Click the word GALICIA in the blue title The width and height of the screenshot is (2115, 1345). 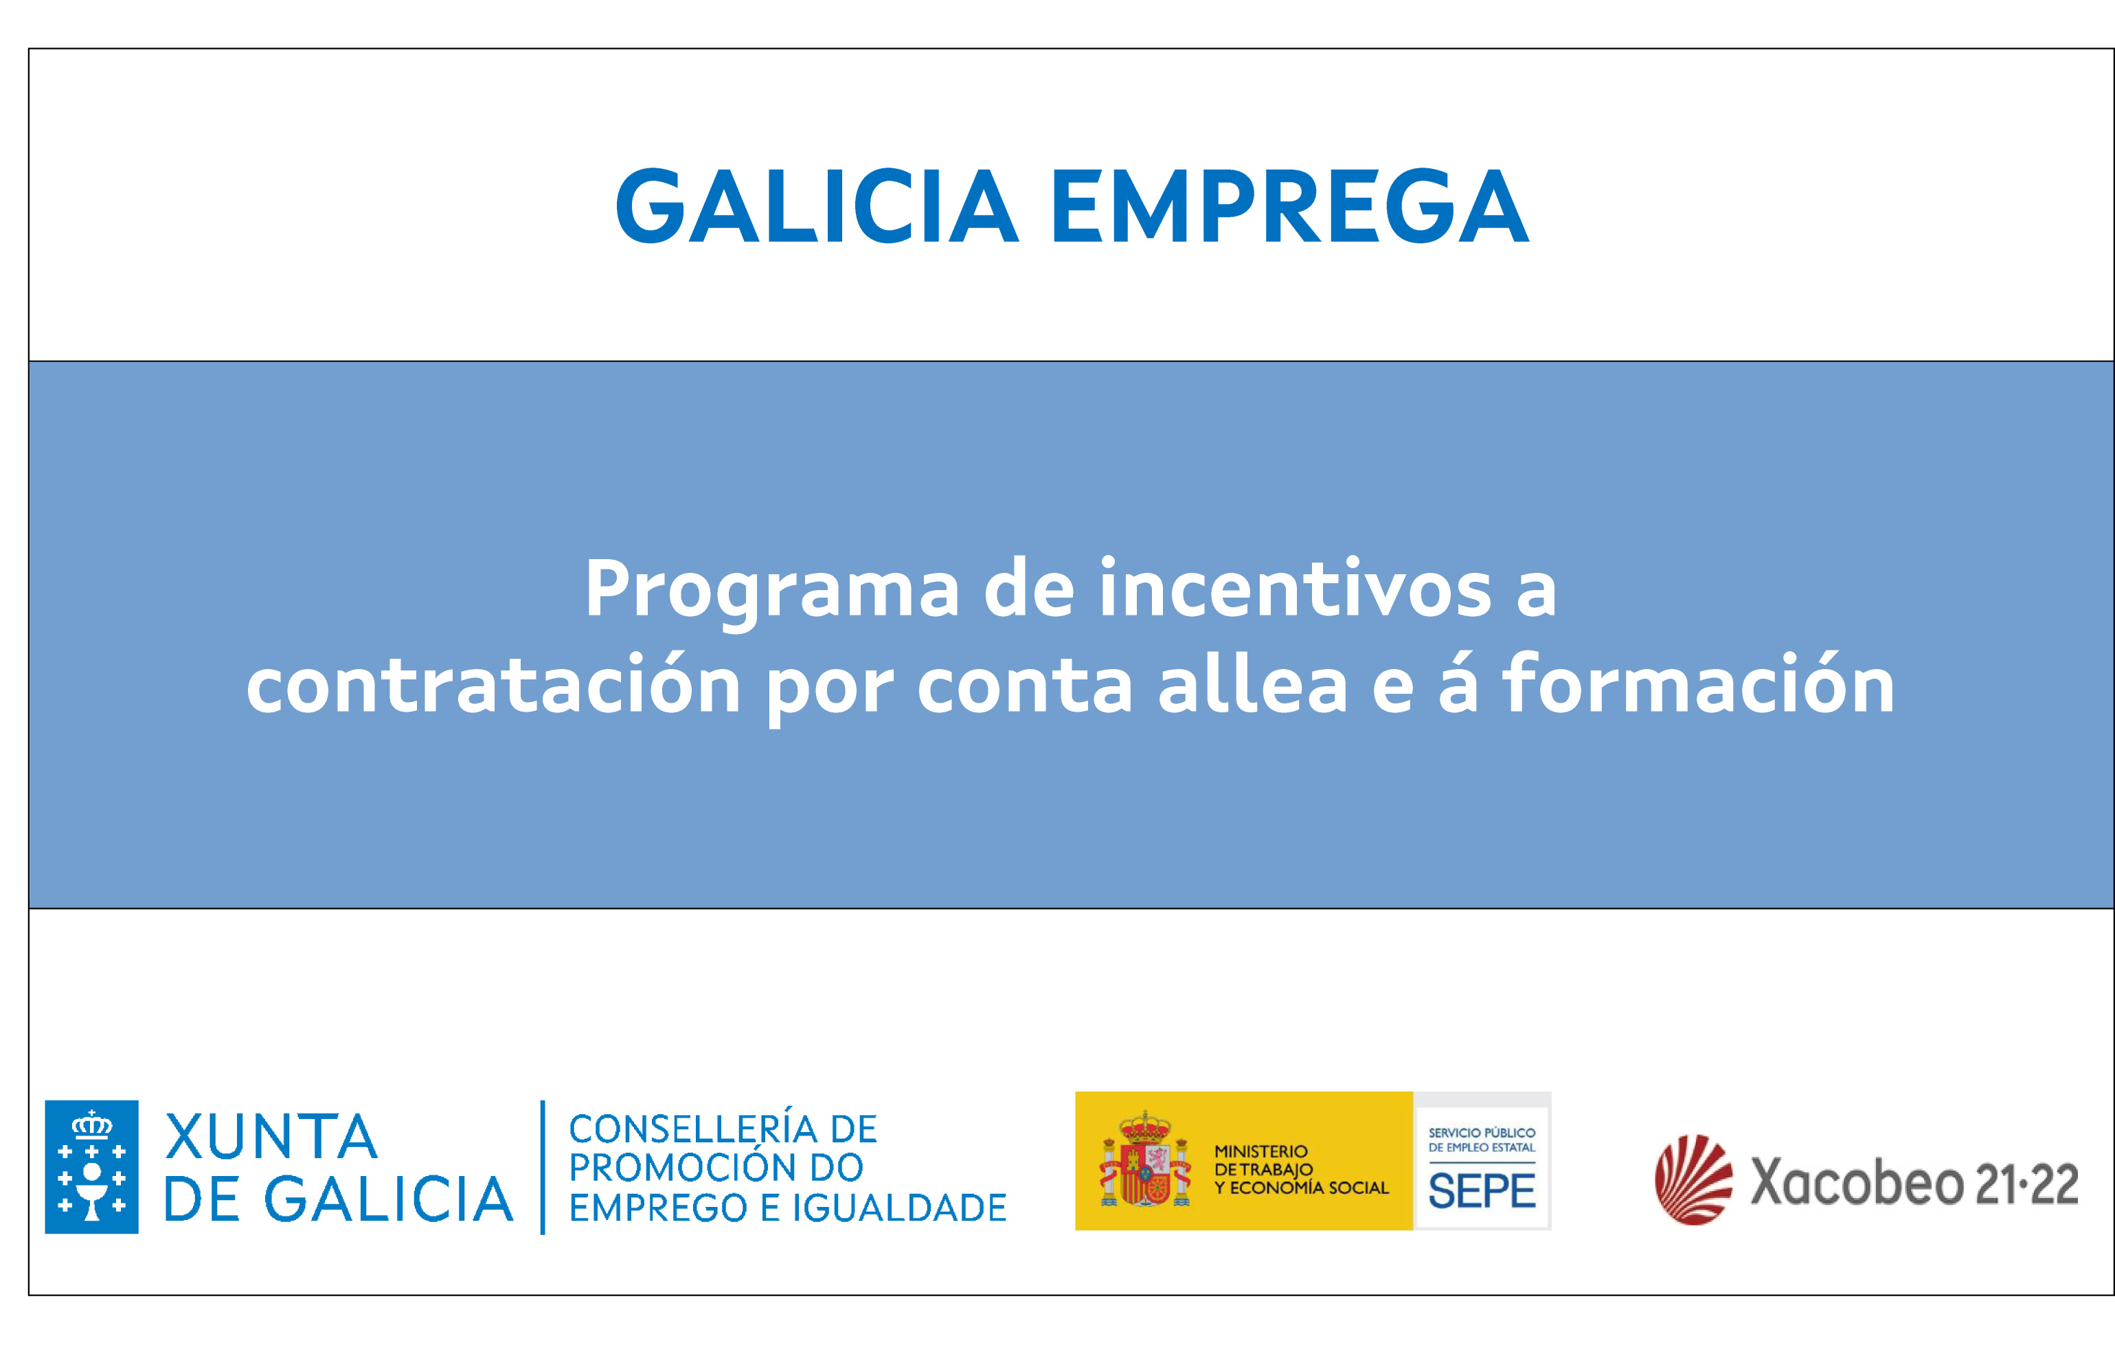[817, 207]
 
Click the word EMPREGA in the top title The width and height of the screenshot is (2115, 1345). [1290, 207]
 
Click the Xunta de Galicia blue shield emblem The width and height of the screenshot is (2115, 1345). [91, 1166]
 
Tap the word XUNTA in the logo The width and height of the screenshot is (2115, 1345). [271, 1137]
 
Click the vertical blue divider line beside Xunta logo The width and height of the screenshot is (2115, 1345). [543, 1166]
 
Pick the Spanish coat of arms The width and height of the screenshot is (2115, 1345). [1145, 1159]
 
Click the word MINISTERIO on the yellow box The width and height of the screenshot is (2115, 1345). [1260, 1151]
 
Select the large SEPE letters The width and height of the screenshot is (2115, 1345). [1482, 1191]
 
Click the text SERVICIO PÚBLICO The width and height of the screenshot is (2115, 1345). [1482, 1133]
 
